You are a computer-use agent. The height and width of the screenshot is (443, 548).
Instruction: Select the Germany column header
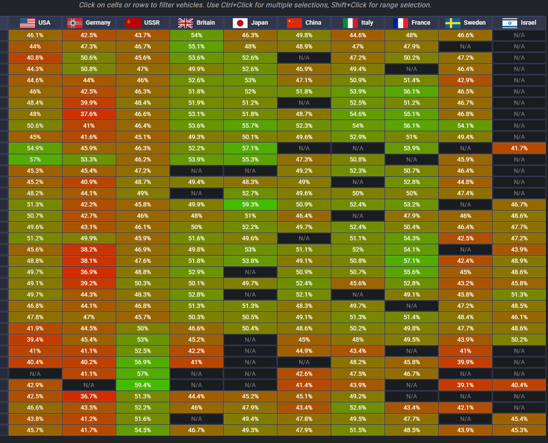click(89, 22)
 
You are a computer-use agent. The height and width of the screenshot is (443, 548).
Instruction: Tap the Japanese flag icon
click(239, 23)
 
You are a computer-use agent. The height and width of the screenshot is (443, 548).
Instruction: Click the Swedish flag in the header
click(452, 23)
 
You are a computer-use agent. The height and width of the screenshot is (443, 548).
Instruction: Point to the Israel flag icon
click(509, 23)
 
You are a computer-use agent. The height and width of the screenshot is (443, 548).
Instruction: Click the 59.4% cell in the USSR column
click(142, 385)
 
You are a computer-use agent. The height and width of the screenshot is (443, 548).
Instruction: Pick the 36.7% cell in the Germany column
click(89, 396)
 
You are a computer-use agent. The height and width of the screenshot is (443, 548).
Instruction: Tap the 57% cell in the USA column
click(35, 159)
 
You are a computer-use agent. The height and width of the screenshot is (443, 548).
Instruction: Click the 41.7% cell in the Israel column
click(519, 148)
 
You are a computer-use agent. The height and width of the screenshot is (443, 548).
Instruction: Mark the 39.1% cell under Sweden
click(465, 385)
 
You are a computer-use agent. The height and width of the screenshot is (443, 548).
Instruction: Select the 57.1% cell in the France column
click(412, 261)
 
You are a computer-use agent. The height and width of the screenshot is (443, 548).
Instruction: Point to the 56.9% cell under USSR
click(142, 362)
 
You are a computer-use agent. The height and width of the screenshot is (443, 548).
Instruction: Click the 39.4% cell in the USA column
click(35, 340)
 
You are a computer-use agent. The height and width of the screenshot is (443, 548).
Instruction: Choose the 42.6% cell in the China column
click(304, 373)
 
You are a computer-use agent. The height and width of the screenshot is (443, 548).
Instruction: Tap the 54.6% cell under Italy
click(357, 114)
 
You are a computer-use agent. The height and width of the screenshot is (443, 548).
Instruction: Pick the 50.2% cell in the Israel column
click(519, 340)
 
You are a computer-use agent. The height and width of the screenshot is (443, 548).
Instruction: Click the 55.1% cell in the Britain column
click(196, 47)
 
